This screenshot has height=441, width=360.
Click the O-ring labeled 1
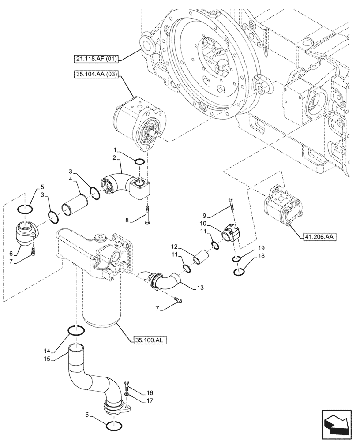[x=139, y=162]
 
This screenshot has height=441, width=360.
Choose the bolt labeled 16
[x=127, y=384]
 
